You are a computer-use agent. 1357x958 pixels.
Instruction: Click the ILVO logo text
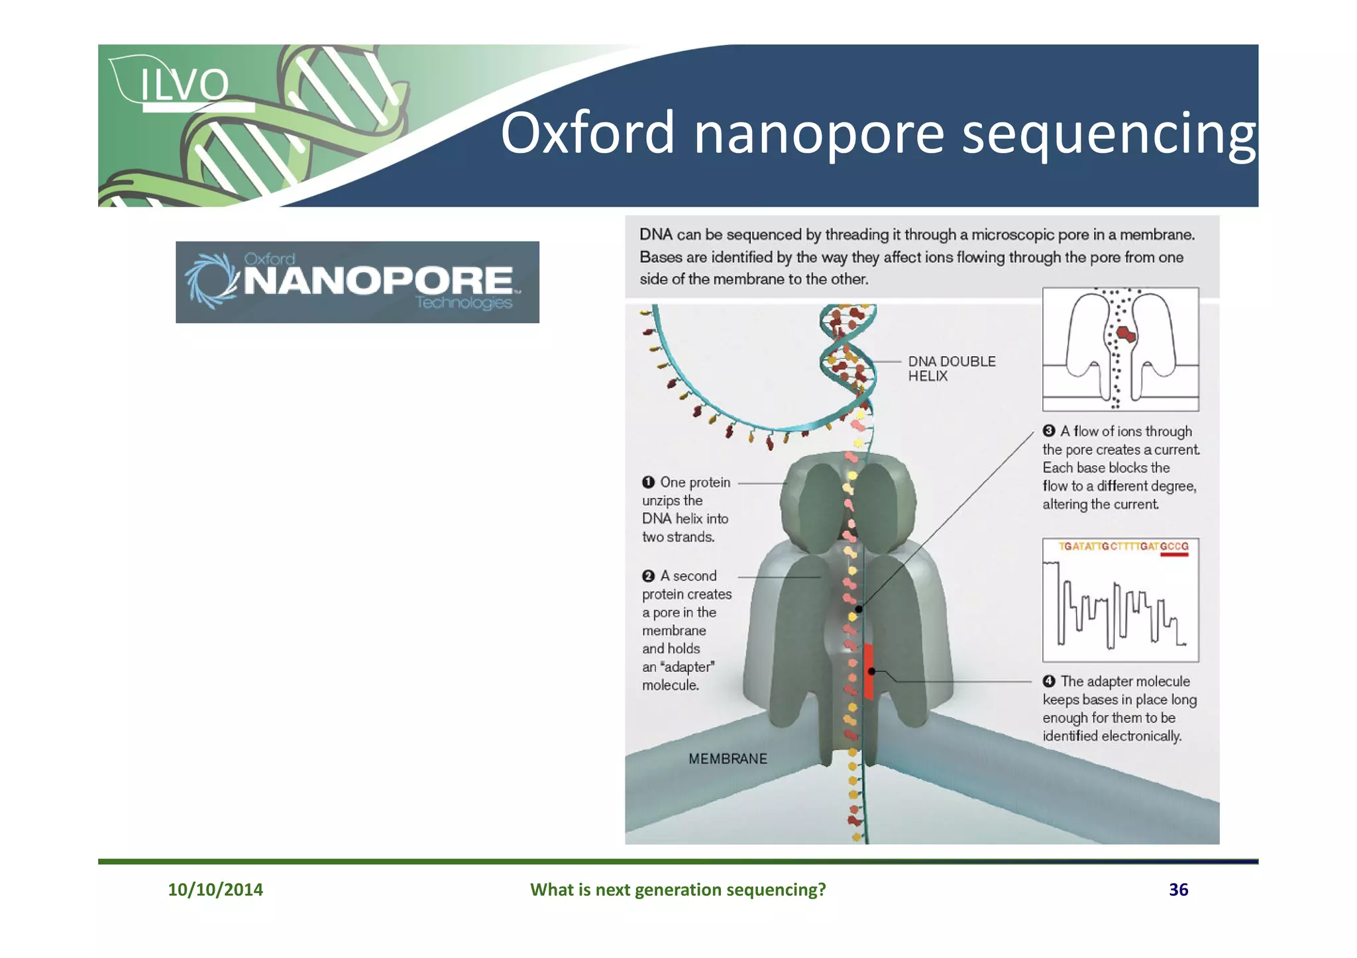[184, 85]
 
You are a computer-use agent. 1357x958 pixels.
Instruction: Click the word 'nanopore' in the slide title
[818, 134]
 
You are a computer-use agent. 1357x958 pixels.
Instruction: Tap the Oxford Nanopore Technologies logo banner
[357, 282]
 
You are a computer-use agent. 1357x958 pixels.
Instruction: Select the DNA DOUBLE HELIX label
[951, 369]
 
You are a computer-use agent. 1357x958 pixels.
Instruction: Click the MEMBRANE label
[728, 759]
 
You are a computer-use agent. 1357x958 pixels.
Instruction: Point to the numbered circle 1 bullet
[648, 483]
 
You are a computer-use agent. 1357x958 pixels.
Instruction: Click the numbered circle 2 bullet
[648, 576]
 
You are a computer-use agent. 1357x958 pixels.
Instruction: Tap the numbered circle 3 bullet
[1049, 431]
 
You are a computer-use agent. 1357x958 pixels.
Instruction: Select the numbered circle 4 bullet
[1049, 681]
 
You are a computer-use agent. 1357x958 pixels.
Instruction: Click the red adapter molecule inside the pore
[869, 671]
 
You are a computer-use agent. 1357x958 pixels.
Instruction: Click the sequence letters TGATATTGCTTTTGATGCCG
[1123, 547]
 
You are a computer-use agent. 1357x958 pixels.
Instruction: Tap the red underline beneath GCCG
[1174, 555]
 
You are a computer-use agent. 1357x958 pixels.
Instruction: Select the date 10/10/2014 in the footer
[215, 889]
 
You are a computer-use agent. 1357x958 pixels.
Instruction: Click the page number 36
[1178, 889]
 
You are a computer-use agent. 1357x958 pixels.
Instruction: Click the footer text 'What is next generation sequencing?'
[678, 889]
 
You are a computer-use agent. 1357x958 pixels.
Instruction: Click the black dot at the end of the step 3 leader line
[858, 609]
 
